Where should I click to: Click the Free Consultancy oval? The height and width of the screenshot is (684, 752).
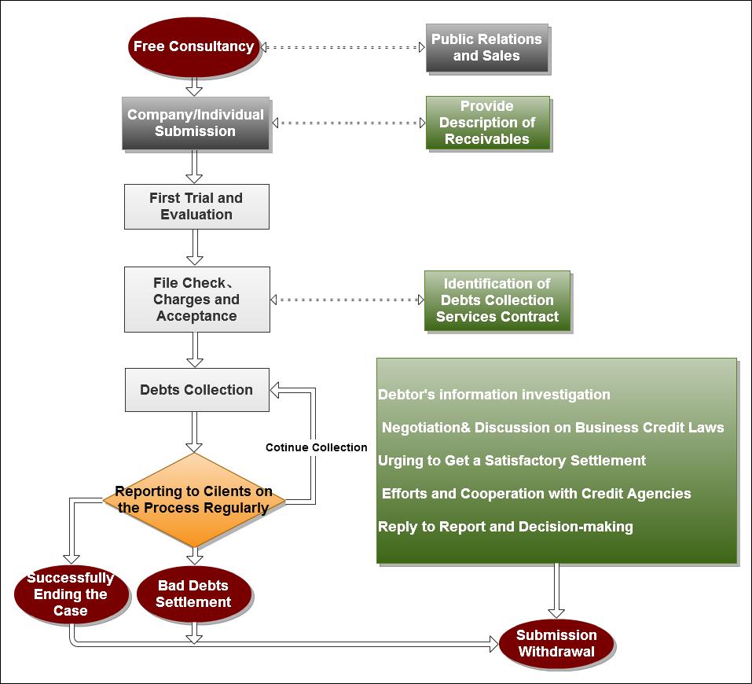tap(193, 46)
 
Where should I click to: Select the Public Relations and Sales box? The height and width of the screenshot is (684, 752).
tap(486, 47)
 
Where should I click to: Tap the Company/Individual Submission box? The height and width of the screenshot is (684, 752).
tap(196, 123)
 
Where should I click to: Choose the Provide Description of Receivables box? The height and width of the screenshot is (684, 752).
tap(487, 123)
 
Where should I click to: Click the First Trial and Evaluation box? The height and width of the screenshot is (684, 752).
tap(196, 206)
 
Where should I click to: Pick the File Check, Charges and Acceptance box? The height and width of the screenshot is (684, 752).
tap(196, 299)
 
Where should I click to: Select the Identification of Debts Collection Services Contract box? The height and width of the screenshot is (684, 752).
tap(497, 300)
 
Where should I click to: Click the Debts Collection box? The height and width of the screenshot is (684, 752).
tap(196, 389)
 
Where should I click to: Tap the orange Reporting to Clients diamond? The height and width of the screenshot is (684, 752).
tap(194, 499)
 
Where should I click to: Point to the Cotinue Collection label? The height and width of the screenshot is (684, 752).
tap(316, 447)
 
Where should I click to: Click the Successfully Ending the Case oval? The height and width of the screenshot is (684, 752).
tap(71, 594)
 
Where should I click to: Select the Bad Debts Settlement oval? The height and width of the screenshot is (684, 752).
tap(194, 594)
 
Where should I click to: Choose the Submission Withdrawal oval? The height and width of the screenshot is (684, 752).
tap(556, 642)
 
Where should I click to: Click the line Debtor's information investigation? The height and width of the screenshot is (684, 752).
tap(494, 395)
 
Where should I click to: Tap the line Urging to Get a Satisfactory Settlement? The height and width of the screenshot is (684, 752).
tap(512, 461)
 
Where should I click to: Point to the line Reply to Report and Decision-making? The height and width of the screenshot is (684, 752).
tap(505, 527)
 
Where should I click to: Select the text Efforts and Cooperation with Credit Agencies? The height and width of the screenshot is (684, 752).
tap(536, 494)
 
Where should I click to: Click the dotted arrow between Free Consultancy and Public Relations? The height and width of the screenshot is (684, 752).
tap(343, 47)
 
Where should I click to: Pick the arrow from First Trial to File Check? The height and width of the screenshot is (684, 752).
tap(195, 247)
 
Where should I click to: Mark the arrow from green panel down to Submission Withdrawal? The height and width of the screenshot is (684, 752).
tap(556, 590)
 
